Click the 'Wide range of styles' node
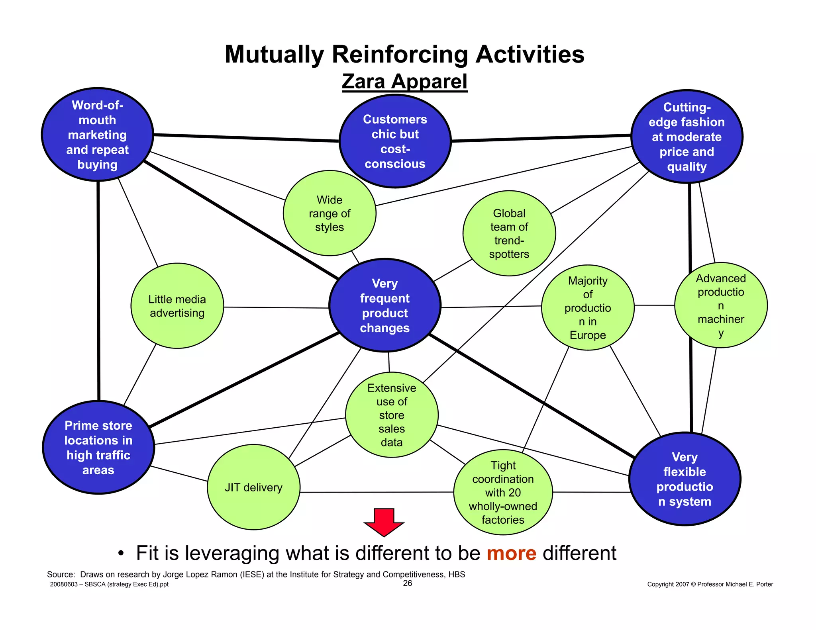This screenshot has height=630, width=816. click(330, 213)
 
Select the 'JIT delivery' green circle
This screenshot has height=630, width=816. click(254, 487)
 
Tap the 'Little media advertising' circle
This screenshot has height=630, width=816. click(177, 306)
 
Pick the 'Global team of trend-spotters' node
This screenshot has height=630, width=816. click(509, 233)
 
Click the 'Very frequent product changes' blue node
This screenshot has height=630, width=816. click(385, 305)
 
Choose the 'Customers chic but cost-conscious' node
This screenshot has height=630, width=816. click(395, 141)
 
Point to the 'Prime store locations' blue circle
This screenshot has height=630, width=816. click(98, 448)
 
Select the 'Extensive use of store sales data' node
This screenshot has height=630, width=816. click(392, 415)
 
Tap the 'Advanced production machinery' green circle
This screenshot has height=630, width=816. click(721, 305)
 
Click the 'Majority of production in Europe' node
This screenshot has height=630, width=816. click(588, 308)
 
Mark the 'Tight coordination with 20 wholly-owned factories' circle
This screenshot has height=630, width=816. click(503, 493)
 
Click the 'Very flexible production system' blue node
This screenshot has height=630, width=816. click(685, 479)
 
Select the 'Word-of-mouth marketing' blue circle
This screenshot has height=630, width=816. click(98, 135)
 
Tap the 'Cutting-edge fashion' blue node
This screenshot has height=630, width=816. click(687, 137)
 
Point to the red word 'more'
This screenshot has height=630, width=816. click(511, 554)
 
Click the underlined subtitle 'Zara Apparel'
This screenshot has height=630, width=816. click(404, 81)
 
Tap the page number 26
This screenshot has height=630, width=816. click(408, 583)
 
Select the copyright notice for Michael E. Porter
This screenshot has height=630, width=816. click(710, 584)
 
